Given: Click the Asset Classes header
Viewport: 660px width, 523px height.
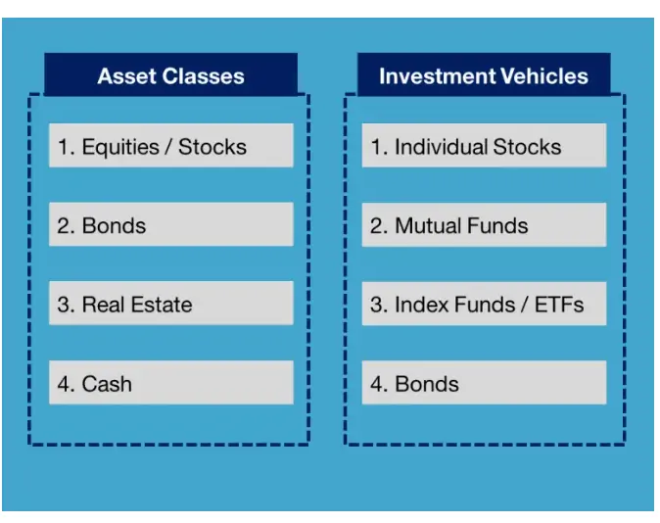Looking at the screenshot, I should point(170,75).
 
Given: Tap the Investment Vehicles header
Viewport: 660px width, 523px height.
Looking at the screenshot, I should point(483,75).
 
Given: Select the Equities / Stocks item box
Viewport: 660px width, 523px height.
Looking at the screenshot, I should point(170,146).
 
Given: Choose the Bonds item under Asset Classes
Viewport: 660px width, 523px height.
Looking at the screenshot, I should point(170,224).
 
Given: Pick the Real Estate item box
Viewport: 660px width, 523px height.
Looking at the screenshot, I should point(170,304).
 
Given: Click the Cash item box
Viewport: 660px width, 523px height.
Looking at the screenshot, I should point(170,383).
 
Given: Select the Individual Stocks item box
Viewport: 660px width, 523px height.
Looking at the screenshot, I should point(484,146).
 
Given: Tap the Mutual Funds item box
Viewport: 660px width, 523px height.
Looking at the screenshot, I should point(484,224).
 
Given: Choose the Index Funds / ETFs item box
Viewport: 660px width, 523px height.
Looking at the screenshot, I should point(484,304).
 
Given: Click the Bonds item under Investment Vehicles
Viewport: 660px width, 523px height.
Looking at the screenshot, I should point(484,383).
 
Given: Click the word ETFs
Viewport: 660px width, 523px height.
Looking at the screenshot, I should point(559,304).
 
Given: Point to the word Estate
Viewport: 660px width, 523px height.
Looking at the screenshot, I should point(161,304).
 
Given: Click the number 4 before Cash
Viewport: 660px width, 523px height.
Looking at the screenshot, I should point(63,384).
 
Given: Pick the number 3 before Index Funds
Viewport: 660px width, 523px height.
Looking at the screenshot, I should point(376,305).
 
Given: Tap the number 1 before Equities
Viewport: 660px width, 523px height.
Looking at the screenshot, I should point(63,147).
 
